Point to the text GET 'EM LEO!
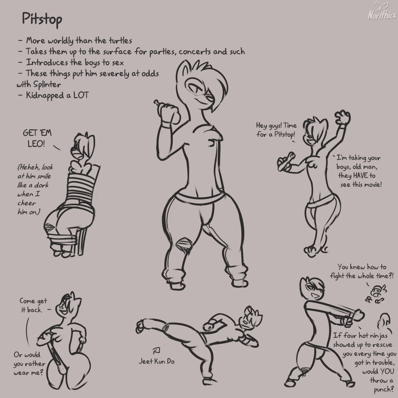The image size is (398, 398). pyautogui.click(x=37, y=138)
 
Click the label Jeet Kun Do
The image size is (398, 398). pyautogui.click(x=157, y=361)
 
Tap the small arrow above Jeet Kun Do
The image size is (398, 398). pyautogui.click(x=156, y=351)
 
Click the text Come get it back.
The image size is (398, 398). pyautogui.click(x=33, y=305)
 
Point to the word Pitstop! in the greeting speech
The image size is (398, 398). pyautogui.click(x=284, y=134)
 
